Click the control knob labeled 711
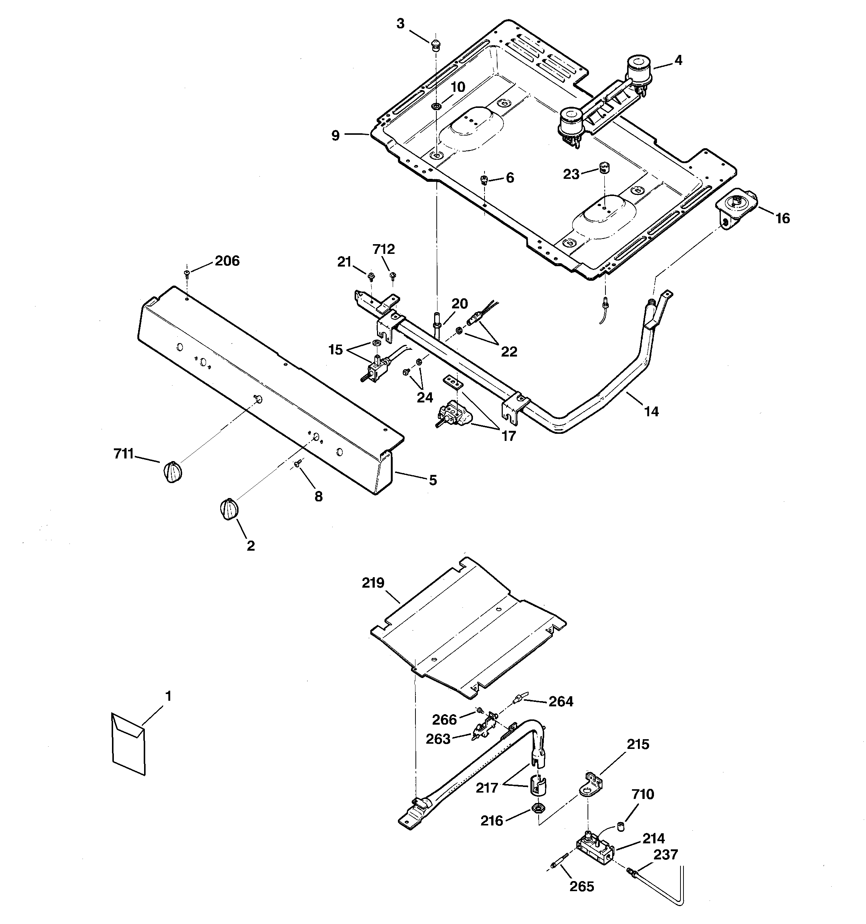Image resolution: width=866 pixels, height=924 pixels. pos(172,473)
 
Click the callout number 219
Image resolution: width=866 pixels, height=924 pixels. pos(373,582)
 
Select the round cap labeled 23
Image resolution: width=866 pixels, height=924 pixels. pos(604,167)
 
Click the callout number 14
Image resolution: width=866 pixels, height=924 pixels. pos(651,411)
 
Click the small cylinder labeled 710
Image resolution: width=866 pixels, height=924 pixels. pos(620,826)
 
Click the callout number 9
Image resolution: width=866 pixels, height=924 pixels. pos(336,136)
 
